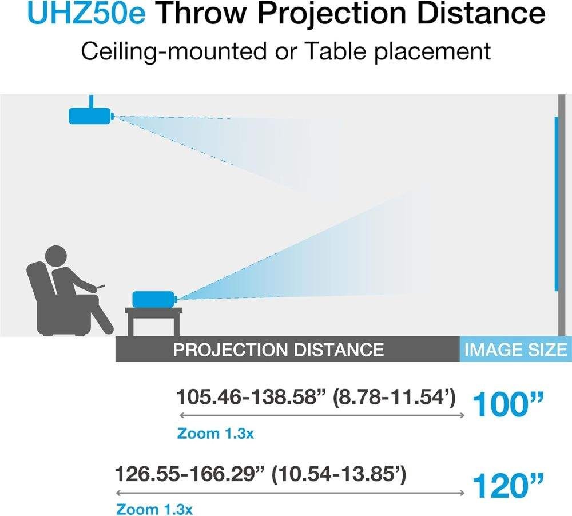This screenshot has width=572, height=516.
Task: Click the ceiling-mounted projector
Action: (91, 116)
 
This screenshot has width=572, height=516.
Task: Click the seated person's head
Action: (55, 256)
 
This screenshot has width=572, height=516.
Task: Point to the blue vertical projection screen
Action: (556, 203)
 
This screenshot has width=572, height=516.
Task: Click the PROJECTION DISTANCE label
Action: (278, 349)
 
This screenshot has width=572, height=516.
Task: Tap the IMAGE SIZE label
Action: (515, 349)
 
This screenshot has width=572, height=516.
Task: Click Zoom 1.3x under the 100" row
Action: (215, 433)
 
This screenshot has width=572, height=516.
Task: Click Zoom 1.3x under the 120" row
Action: (154, 509)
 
